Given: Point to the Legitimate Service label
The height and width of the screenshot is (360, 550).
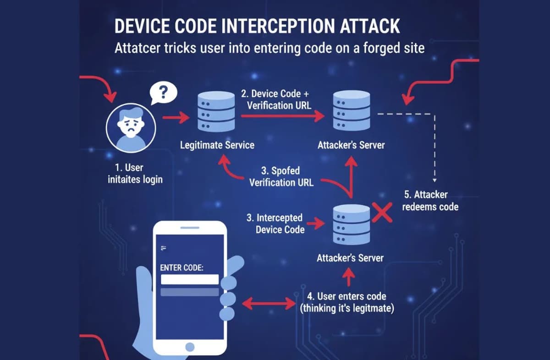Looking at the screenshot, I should point(217,145).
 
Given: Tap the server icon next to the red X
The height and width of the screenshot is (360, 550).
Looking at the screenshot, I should point(351,224).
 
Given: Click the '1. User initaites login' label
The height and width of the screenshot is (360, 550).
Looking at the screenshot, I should point(135,174).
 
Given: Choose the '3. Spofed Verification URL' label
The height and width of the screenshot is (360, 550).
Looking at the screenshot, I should point(281,176).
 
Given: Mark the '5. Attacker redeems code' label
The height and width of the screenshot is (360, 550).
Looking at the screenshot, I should point(430,201).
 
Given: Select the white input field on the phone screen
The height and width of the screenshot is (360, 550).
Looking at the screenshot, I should point(189,279).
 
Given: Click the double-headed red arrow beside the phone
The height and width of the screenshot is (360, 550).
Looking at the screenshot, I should point(268,303).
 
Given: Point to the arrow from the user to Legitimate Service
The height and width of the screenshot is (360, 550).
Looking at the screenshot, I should point(176,119).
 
